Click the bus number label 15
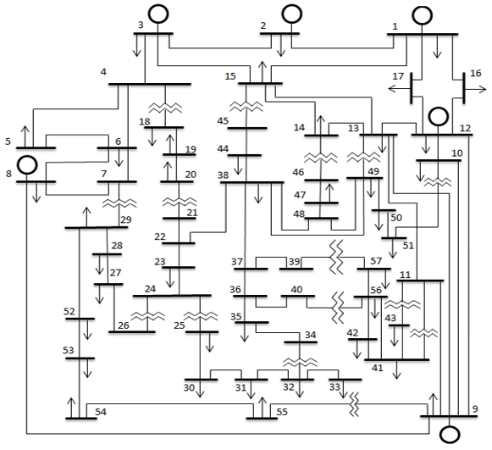pos(230,76)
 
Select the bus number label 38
pos(223,175)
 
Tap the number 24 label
pos(150,289)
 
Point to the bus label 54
pos(101,412)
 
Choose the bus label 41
pos(378,368)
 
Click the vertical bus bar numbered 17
pos(412,88)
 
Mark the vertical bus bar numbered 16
pos(463,88)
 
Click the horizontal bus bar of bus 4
pos(150,84)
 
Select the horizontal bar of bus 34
pos(301,342)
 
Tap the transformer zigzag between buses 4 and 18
pos(165,108)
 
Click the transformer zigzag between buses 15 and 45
pos(246,107)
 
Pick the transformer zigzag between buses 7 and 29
pos(119,203)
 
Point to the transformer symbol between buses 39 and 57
pos(337,257)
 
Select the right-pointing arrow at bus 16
pos(476,90)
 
